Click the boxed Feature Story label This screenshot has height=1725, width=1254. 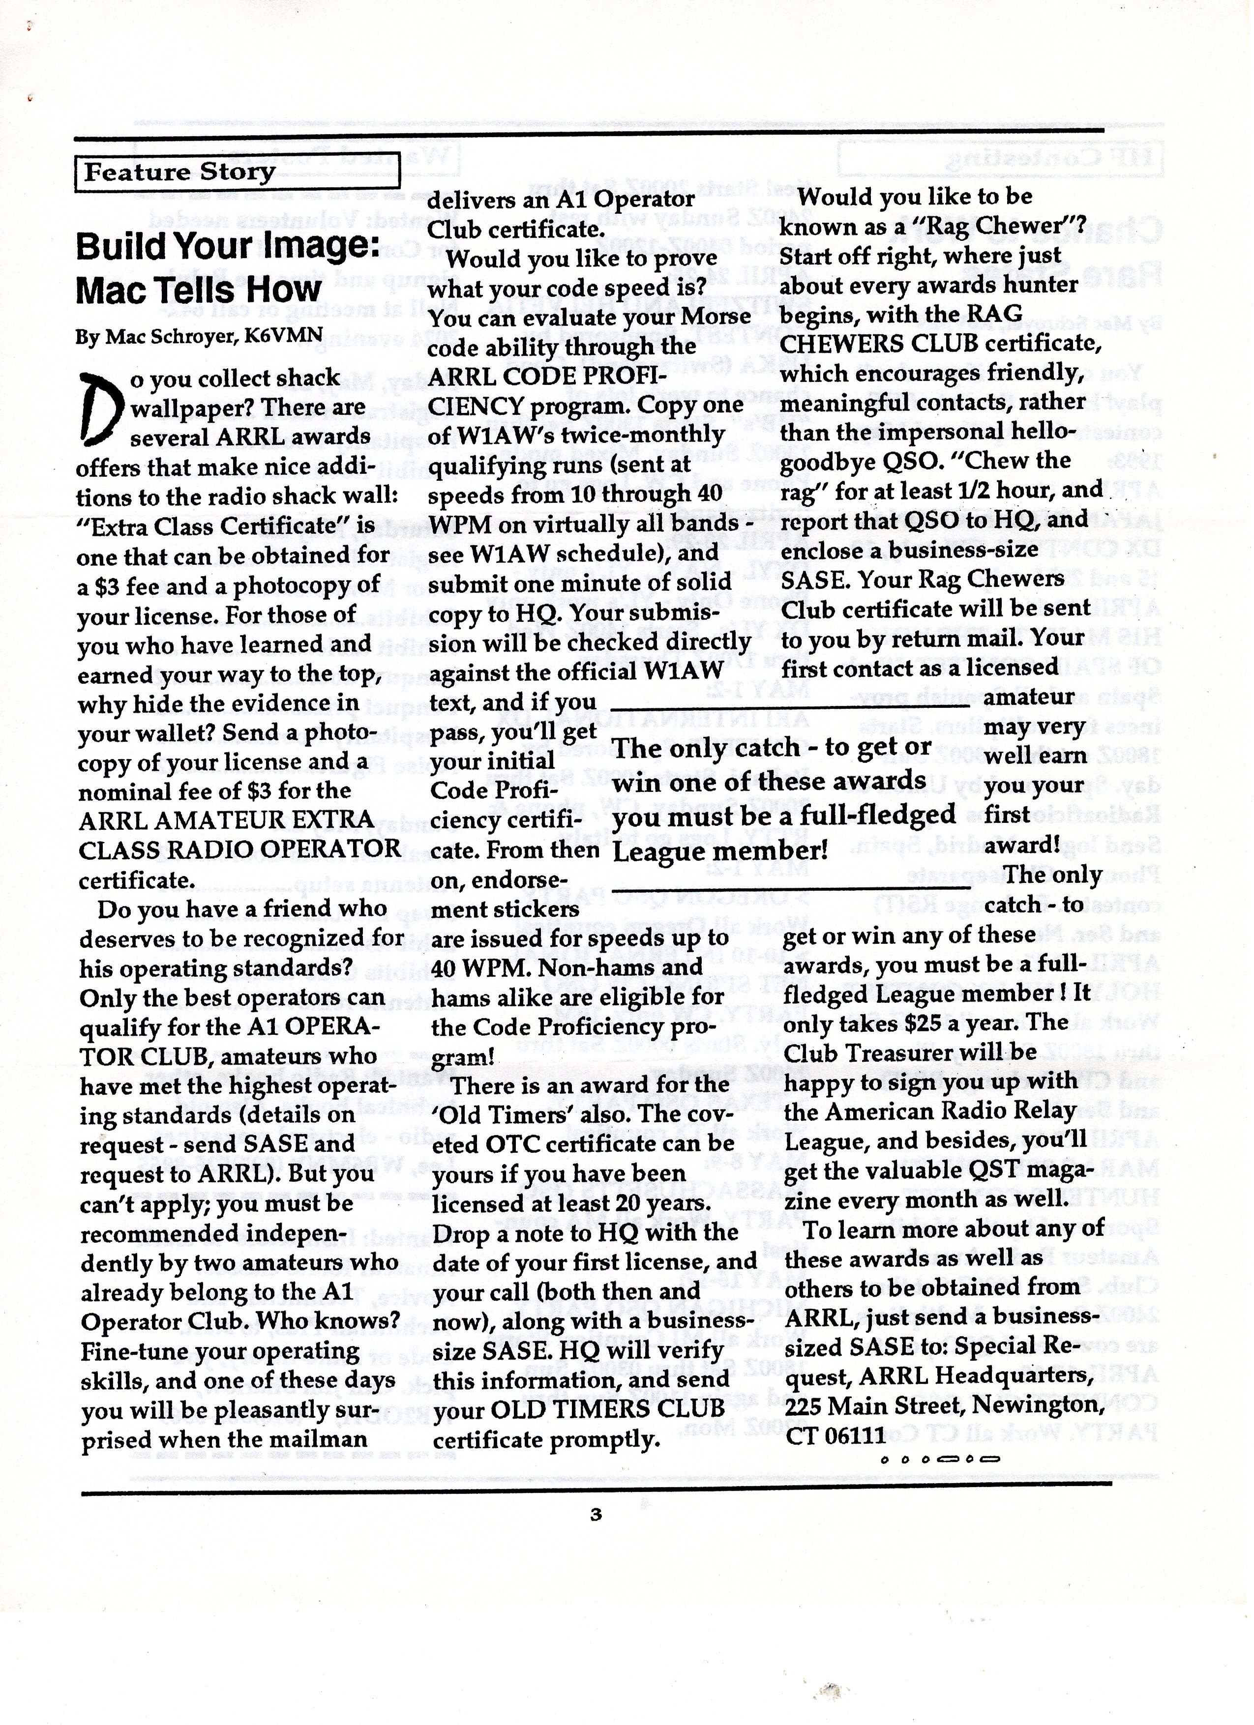(179, 173)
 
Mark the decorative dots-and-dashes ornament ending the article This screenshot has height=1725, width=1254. (940, 1460)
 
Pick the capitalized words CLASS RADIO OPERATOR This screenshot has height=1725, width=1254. (239, 849)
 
